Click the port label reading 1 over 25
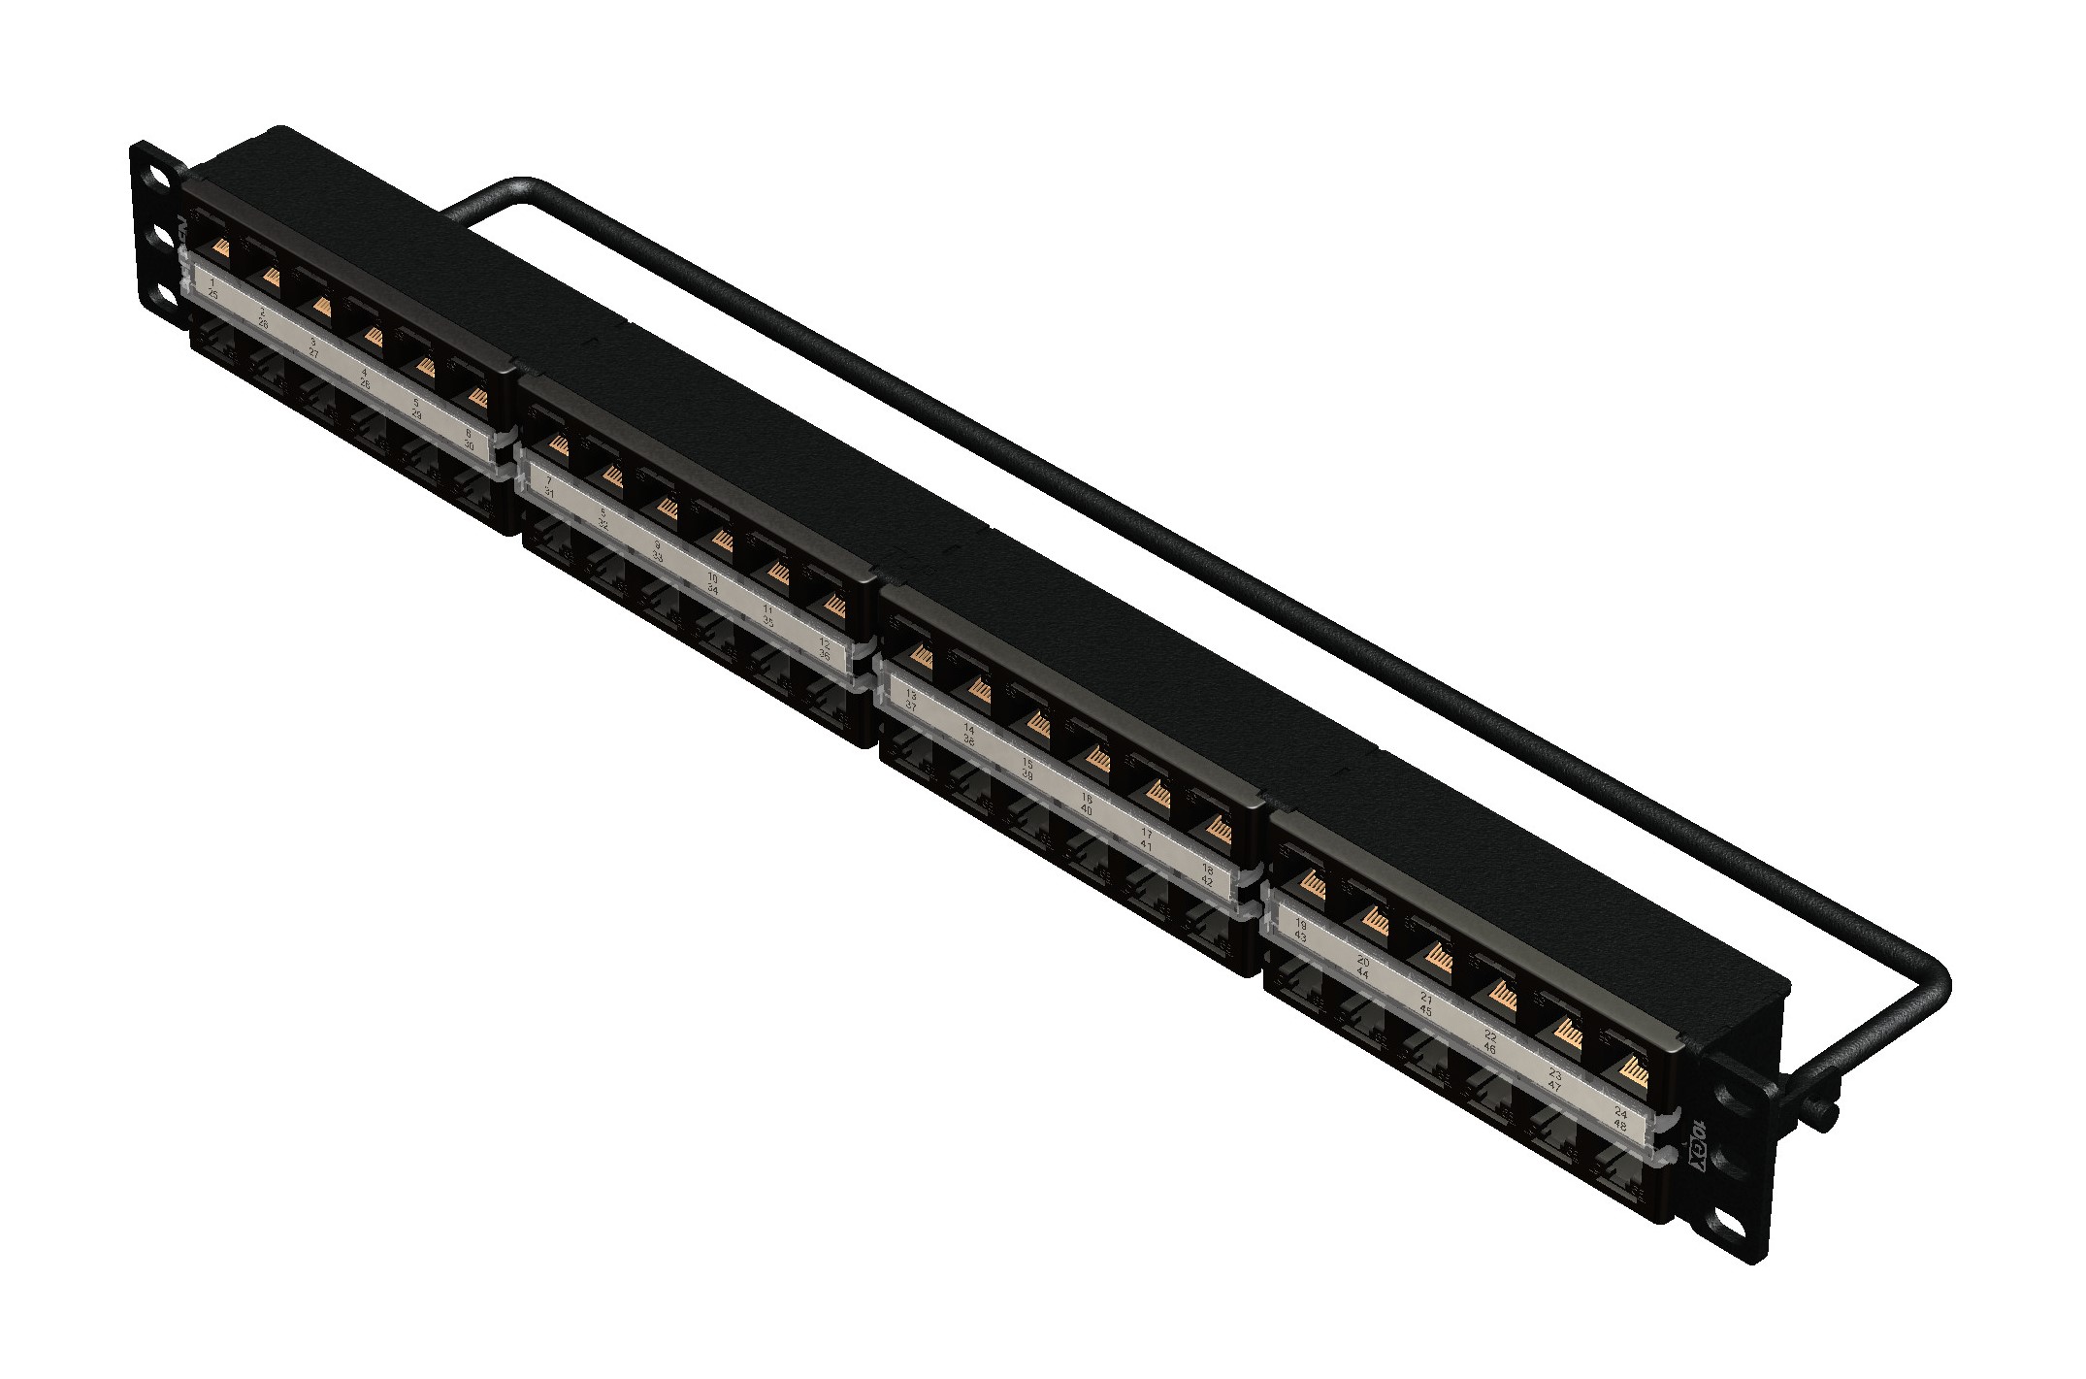212,287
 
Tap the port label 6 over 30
469,441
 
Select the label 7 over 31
549,486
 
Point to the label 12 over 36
825,648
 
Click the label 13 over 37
911,701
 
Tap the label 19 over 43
1301,932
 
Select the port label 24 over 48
1619,1119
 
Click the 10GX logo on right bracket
1698,1145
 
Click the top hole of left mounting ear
155,181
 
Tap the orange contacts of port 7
558,444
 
